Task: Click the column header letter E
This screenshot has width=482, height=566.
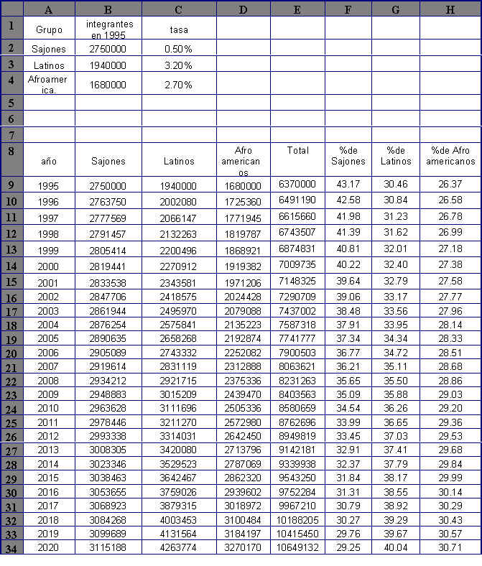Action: [297, 9]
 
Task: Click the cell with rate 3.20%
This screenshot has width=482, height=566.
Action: [178, 65]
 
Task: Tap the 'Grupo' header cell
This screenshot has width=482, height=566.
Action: [49, 30]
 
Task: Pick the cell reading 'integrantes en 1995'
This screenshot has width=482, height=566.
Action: [108, 30]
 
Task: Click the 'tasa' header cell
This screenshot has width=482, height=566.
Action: [178, 30]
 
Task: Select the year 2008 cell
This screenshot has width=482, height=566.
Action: [49, 381]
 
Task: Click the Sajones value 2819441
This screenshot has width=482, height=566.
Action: [108, 265]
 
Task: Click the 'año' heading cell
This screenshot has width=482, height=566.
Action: [49, 162]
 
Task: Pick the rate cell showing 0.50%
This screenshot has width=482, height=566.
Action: [178, 49]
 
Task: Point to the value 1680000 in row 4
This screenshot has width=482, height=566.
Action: [108, 85]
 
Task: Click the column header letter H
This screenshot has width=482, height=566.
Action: [450, 9]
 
